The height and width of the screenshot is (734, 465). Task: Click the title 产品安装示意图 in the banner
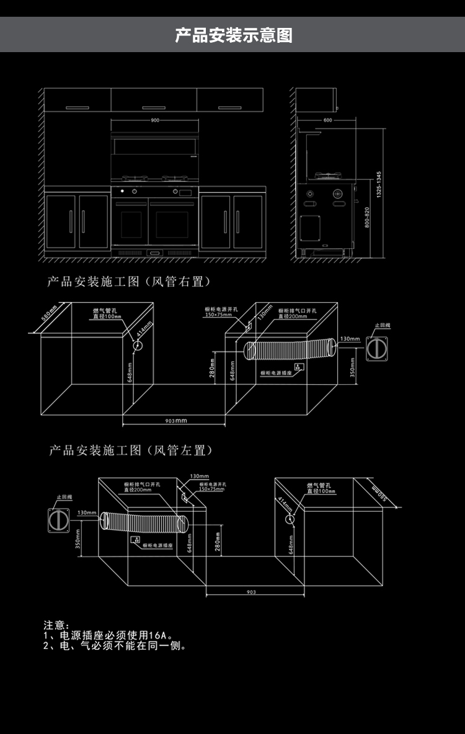coord(233,35)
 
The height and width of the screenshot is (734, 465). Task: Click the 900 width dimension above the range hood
coord(154,120)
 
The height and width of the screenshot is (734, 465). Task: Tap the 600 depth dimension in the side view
coord(327,120)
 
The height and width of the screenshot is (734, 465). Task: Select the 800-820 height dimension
coord(367,218)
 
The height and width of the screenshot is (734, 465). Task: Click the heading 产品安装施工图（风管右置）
coord(130,282)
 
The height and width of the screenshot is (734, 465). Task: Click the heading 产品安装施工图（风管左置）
coord(131,450)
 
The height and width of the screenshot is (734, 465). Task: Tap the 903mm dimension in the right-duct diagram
coord(175,421)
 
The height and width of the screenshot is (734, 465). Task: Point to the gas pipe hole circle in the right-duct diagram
coord(138,345)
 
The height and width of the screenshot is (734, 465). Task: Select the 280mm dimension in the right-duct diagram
coord(212,370)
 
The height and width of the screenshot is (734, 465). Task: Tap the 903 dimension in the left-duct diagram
coord(250,593)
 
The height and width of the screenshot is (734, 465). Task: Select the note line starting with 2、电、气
coord(115,646)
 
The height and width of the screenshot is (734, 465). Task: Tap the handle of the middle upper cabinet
coord(154,108)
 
